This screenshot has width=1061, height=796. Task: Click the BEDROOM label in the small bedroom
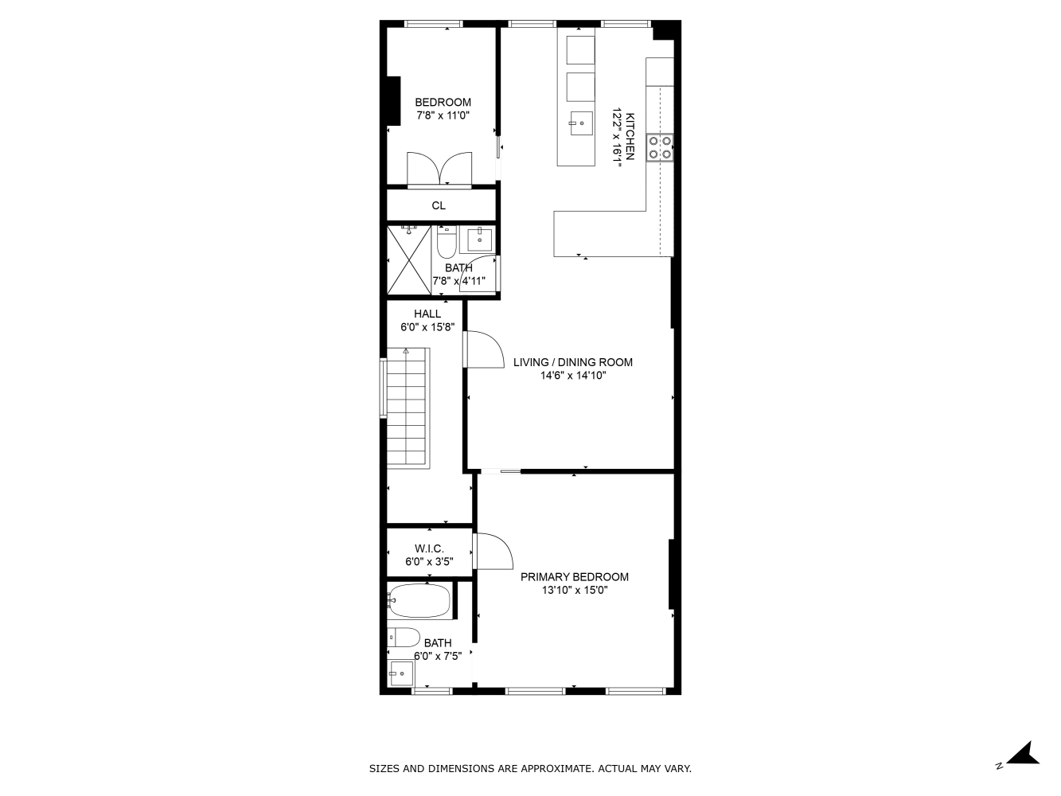click(443, 102)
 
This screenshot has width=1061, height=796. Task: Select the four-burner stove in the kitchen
click(660, 147)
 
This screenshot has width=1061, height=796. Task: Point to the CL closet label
click(439, 205)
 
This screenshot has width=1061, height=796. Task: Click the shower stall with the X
click(409, 260)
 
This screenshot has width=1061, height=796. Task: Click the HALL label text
click(427, 314)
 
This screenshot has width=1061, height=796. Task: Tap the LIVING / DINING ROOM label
click(573, 362)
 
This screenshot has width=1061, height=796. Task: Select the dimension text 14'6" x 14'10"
click(573, 376)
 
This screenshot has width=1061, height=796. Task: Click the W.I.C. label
click(429, 548)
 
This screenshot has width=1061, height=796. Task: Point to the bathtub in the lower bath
click(419, 601)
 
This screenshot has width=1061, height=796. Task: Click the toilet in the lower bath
click(404, 638)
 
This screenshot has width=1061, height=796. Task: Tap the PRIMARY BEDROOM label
click(575, 577)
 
